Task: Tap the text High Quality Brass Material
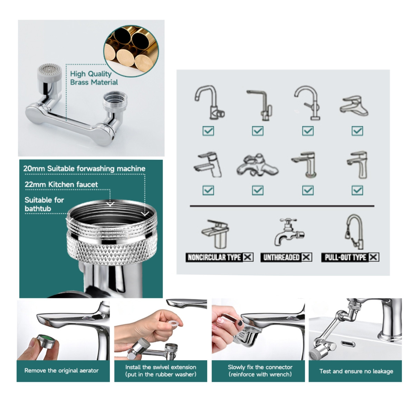(94, 78)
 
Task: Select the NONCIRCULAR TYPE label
(214, 257)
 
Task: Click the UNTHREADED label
(281, 257)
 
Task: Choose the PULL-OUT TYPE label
(345, 257)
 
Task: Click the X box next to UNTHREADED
(307, 257)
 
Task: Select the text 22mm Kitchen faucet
(61, 185)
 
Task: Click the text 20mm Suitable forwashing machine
(84, 169)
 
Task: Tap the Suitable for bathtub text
(44, 204)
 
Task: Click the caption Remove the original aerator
(61, 371)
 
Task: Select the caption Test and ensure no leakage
(356, 371)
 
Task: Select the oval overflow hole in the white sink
(348, 344)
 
